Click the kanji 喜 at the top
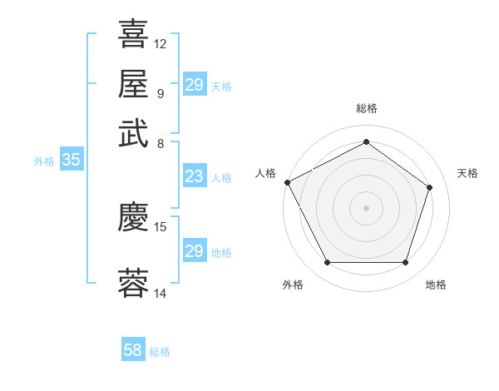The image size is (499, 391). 134,35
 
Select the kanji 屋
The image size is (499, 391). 134,83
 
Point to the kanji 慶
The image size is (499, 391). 134,217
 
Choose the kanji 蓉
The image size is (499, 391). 134,283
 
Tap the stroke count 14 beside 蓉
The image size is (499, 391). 161,293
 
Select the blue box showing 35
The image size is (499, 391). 71,161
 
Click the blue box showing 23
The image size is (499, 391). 194,176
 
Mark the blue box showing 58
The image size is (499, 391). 132,350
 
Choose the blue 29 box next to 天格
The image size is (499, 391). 194,85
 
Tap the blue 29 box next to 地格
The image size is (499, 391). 194,251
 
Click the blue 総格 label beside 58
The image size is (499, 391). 160,352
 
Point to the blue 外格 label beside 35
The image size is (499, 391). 44,162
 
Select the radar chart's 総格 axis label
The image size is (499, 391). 366,108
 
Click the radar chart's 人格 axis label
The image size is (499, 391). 266,173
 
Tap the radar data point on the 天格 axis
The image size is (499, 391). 430,187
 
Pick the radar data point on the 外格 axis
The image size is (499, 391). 327,263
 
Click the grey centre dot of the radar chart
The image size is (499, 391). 366,207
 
